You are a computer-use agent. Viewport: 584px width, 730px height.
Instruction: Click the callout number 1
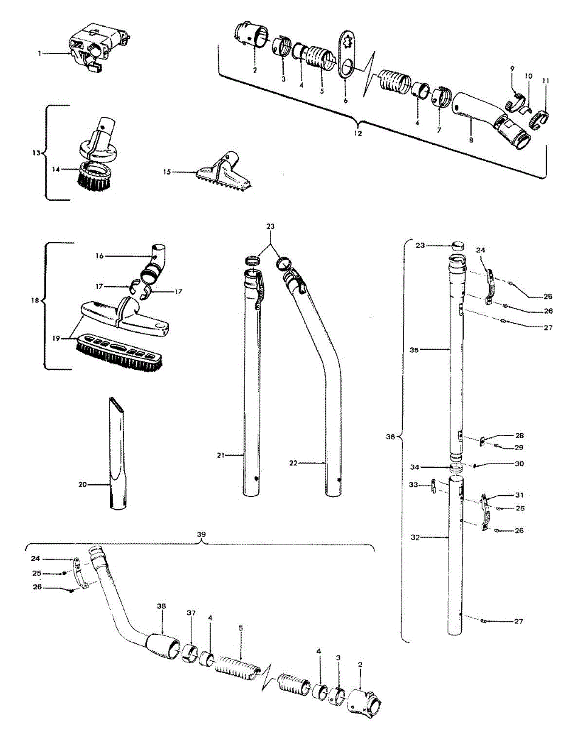[x=40, y=54]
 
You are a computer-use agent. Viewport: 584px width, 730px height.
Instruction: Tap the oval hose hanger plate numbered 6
[x=346, y=55]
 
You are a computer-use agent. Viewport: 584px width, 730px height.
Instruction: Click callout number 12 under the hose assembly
[x=358, y=133]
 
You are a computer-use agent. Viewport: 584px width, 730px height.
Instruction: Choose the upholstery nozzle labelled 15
[x=224, y=172]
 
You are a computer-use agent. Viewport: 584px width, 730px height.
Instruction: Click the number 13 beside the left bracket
[x=36, y=153]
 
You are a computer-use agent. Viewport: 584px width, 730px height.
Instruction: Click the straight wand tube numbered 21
[x=252, y=383]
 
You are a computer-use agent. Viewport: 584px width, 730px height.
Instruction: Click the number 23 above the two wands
[x=270, y=226]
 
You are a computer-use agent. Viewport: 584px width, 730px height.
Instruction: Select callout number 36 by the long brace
[x=391, y=437]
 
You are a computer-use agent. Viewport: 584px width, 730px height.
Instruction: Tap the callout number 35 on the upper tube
[x=414, y=350]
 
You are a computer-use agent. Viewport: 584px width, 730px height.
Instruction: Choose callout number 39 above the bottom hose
[x=201, y=535]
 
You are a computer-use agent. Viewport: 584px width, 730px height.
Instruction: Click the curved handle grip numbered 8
[x=492, y=122]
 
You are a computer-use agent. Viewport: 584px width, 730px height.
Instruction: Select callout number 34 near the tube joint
[x=414, y=467]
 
